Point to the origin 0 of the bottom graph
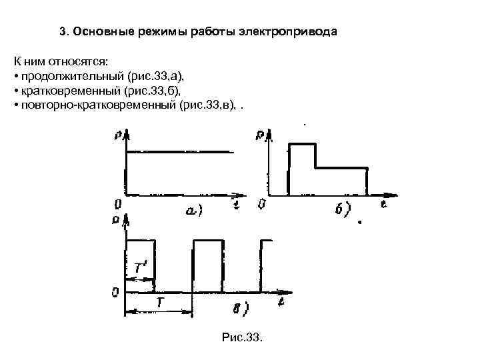point(116,293)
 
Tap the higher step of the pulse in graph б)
point(301,144)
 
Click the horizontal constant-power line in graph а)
point(180,152)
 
